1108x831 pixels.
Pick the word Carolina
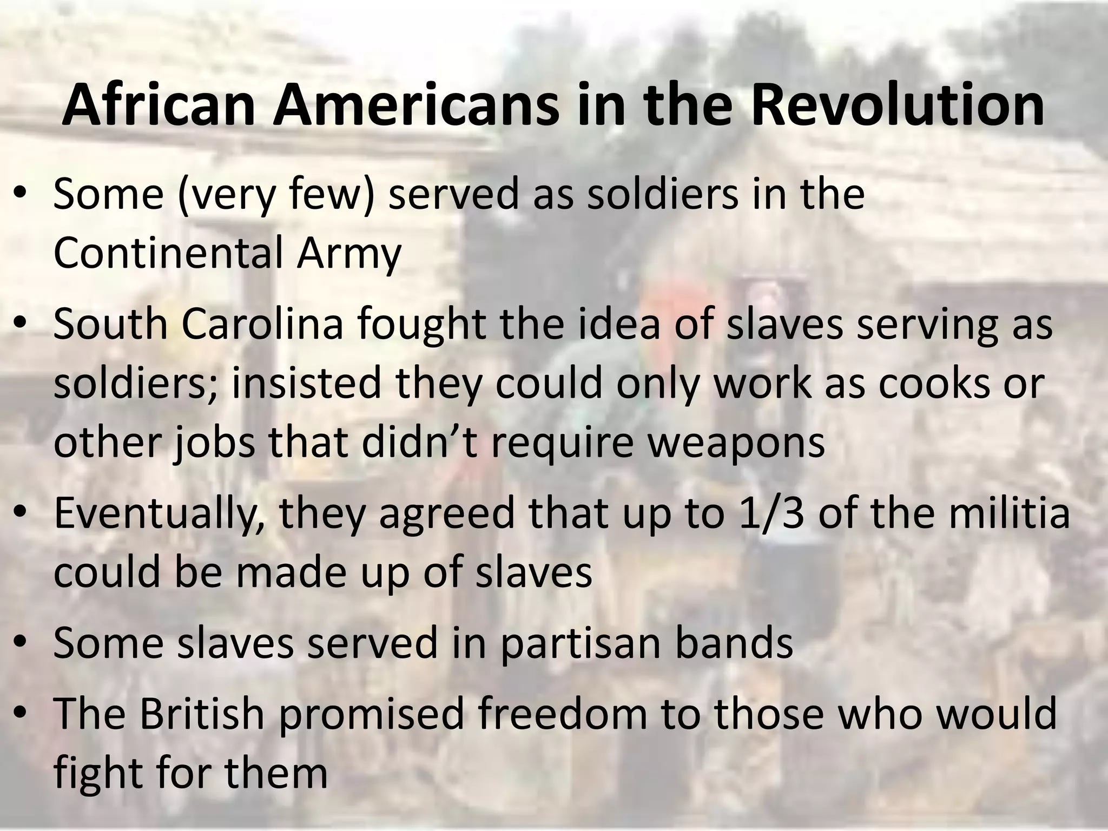[x=262, y=324]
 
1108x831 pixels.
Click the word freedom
[x=560, y=713]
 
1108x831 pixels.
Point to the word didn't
[x=419, y=443]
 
